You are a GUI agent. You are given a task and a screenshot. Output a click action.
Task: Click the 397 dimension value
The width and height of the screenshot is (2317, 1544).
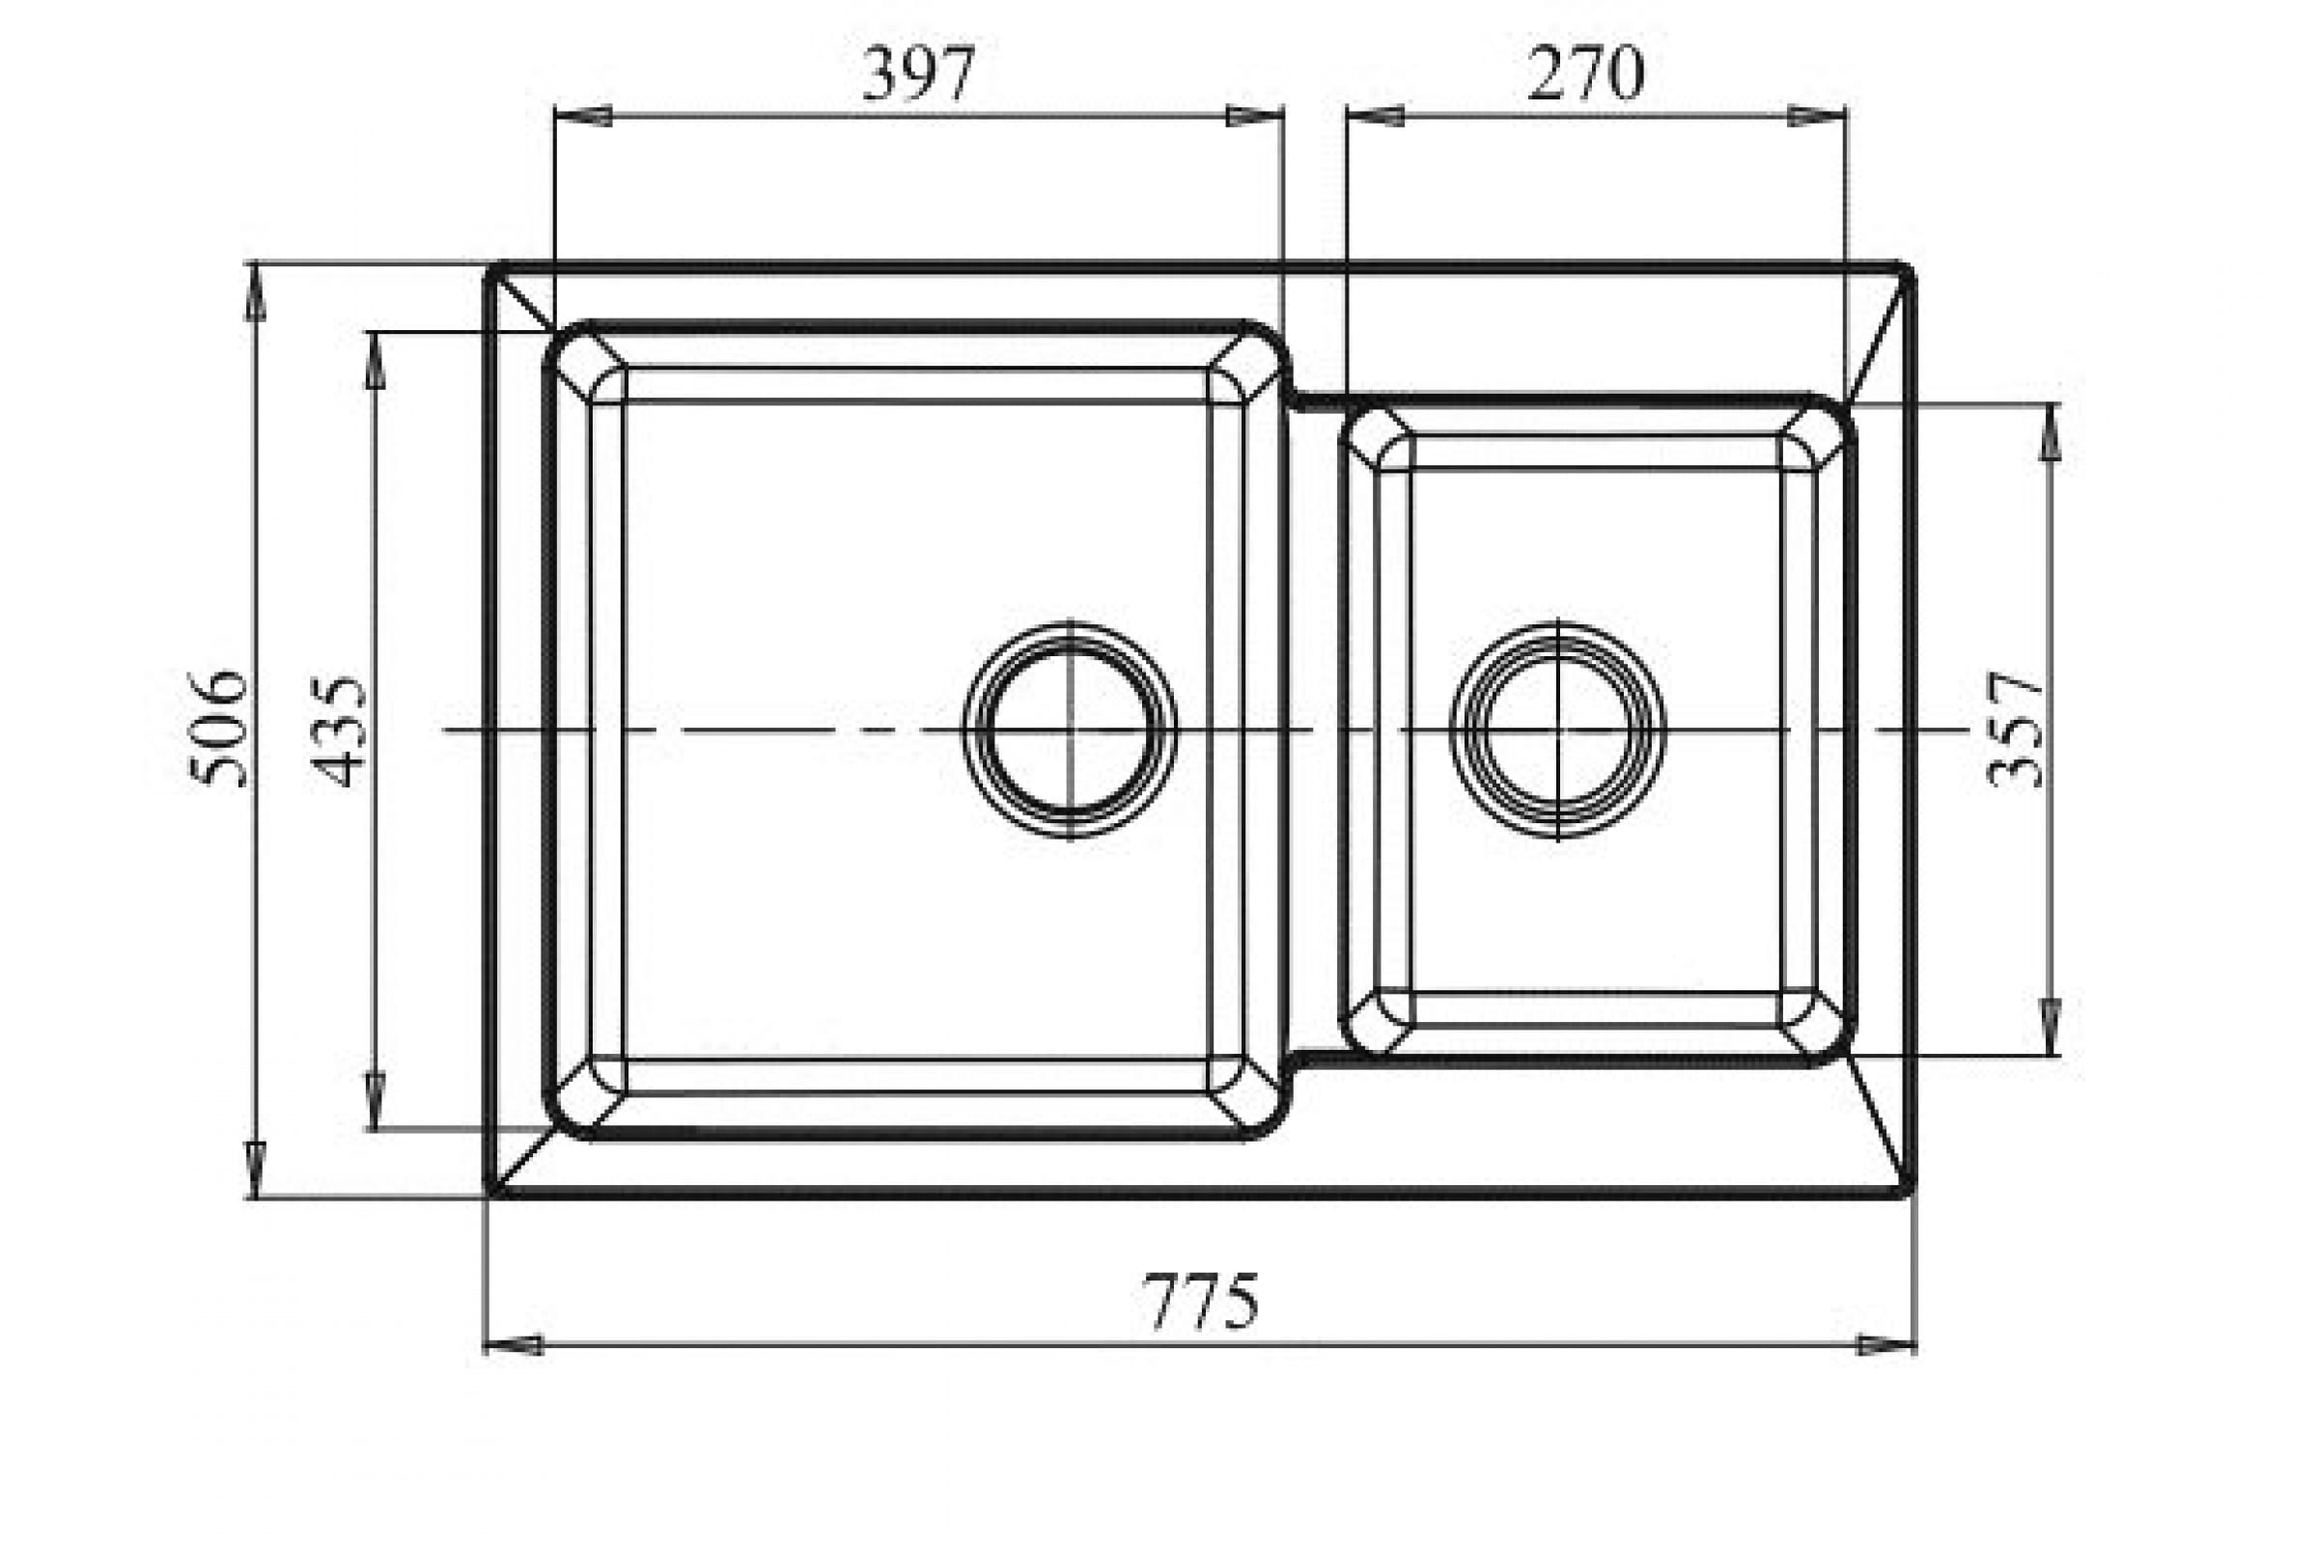click(919, 74)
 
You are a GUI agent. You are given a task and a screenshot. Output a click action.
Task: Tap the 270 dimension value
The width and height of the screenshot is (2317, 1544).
click(1586, 74)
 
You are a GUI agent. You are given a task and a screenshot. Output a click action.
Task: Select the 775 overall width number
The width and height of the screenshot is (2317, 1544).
click(1201, 1301)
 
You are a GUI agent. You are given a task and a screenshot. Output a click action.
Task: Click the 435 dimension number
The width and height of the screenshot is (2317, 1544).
click(338, 731)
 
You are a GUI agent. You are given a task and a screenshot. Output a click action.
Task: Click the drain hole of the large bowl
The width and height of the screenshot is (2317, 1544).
click(1070, 730)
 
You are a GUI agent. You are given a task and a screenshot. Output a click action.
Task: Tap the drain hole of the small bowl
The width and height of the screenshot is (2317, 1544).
click(1557, 730)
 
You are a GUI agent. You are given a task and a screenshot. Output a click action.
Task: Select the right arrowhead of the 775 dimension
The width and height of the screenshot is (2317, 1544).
click(1885, 1345)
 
